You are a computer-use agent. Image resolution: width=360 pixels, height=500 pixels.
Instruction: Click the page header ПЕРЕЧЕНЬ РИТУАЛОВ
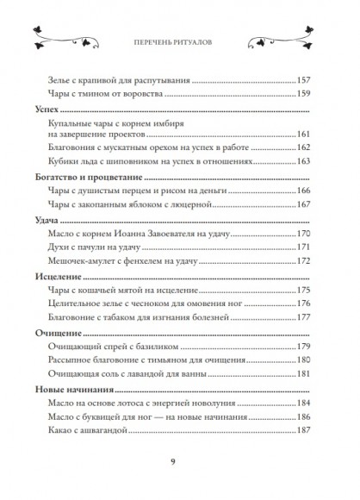pyautogui.click(x=180, y=40)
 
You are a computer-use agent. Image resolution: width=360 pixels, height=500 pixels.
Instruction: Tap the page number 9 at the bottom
pyautogui.click(x=180, y=463)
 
